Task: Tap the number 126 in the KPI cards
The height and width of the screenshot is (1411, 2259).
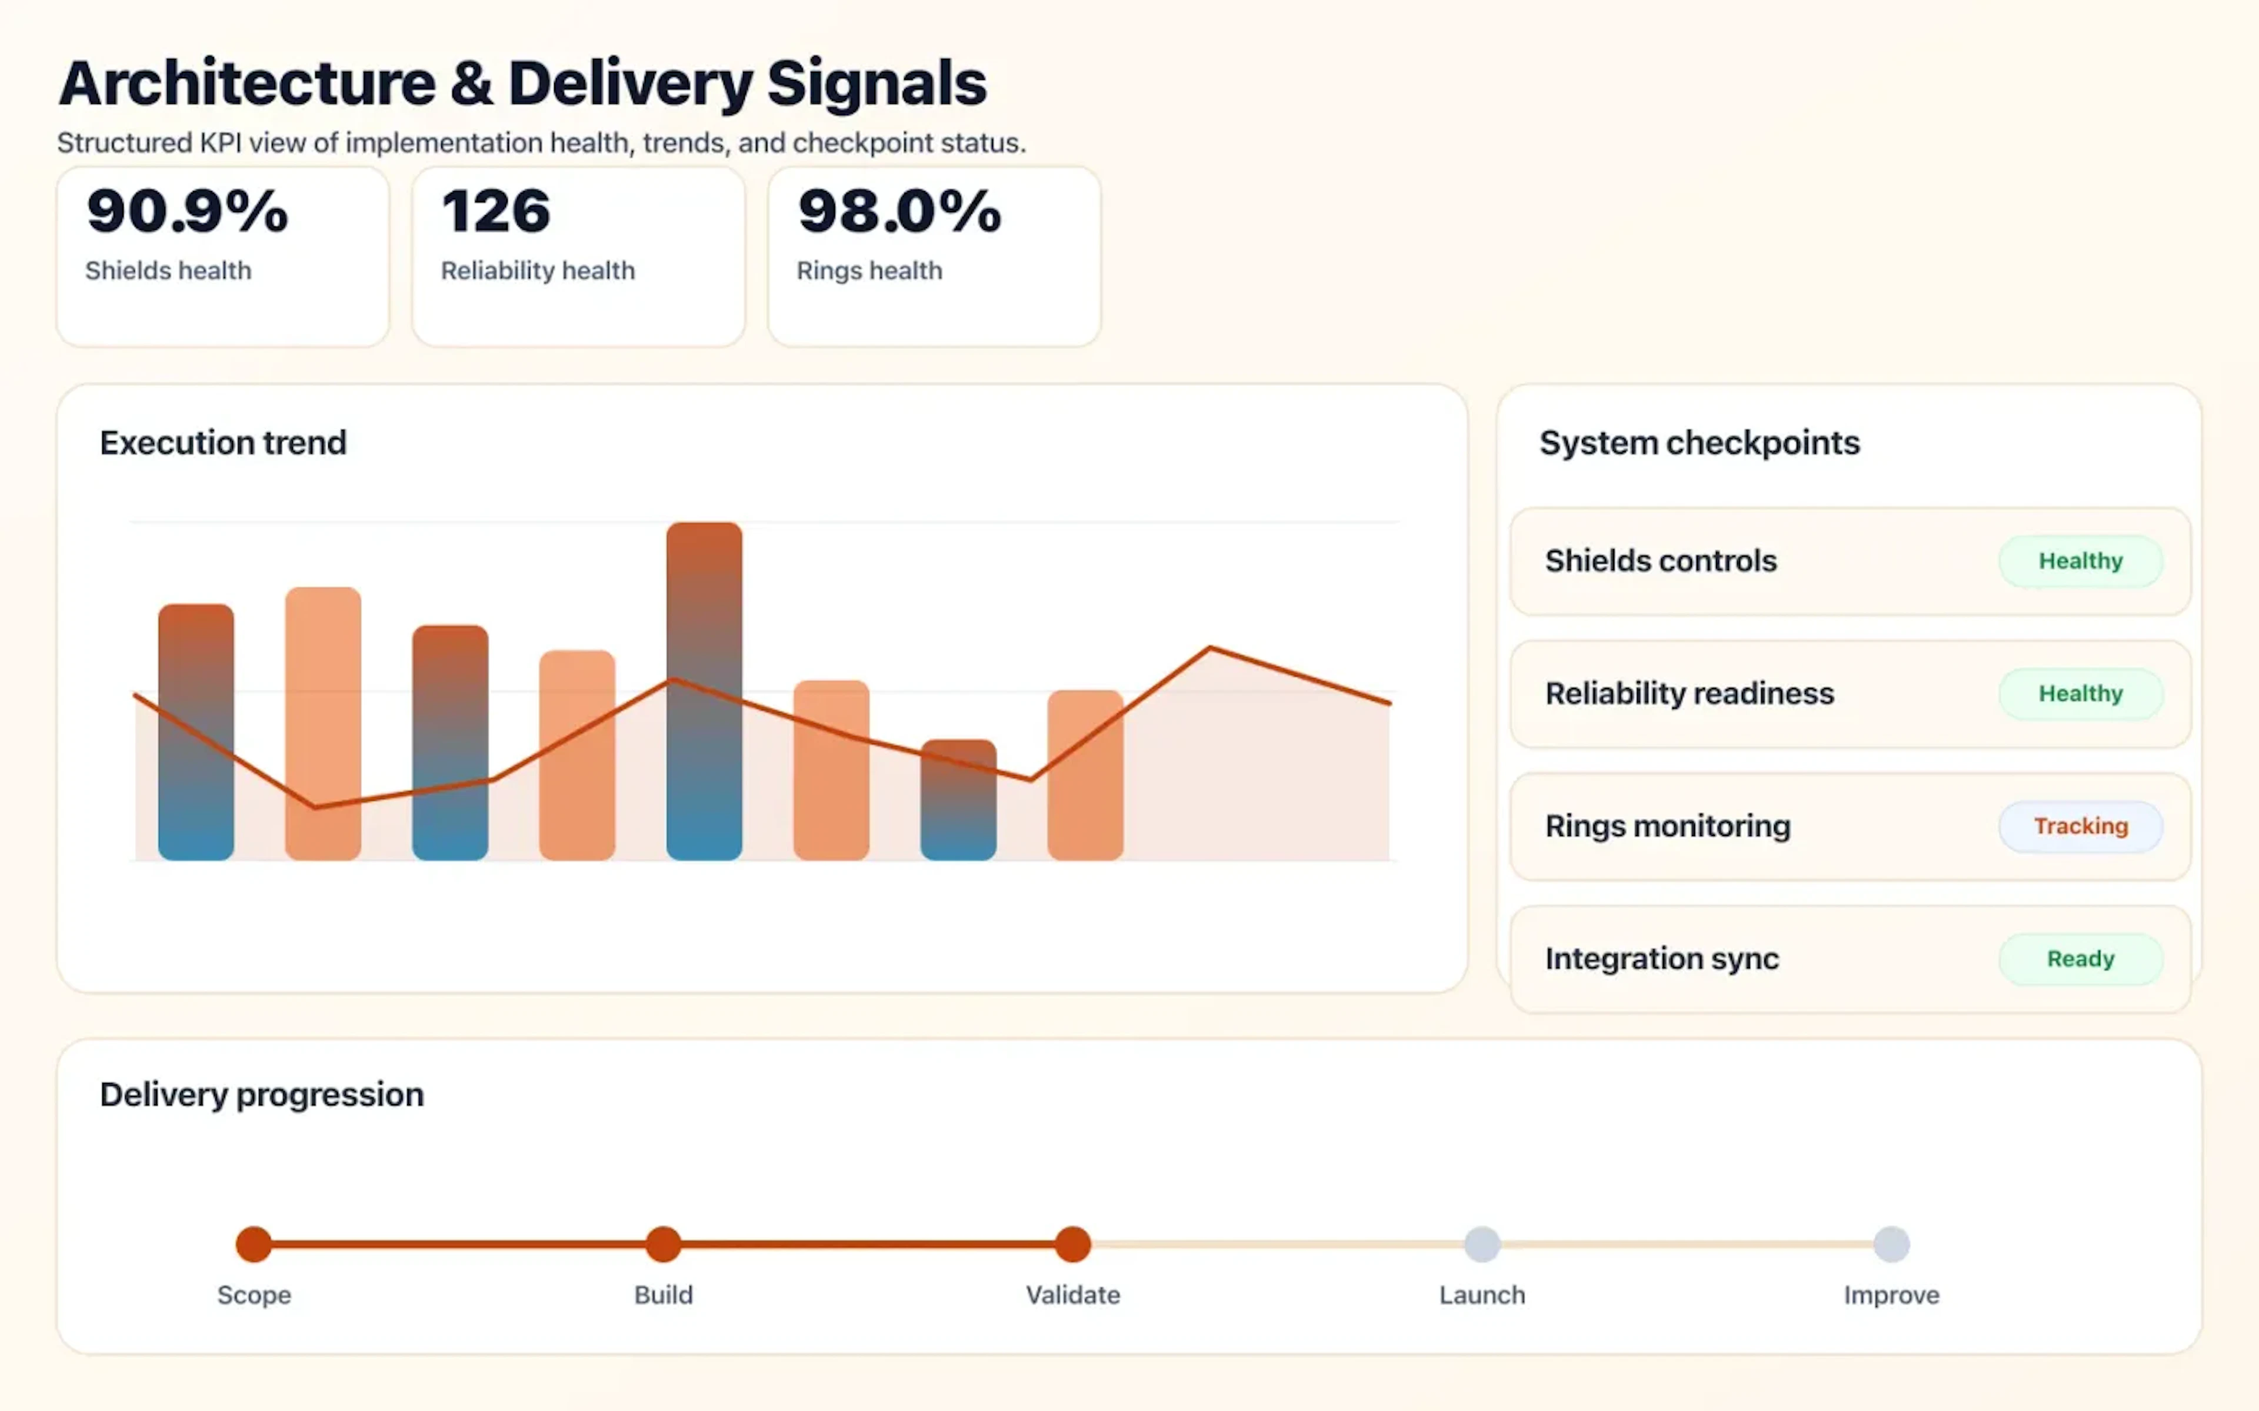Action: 496,211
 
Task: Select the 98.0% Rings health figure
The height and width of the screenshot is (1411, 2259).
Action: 899,211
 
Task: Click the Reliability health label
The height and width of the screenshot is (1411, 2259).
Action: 538,270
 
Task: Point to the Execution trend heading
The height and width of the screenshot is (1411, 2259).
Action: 223,442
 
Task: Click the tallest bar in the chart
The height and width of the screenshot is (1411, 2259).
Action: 704,691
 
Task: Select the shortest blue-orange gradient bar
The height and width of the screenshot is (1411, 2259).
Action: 958,800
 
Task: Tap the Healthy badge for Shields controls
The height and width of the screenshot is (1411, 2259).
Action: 2080,561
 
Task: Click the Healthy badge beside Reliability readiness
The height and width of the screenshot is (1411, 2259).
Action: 2080,693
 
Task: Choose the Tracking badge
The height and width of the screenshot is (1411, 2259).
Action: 2080,826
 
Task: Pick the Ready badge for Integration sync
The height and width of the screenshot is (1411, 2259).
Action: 2080,958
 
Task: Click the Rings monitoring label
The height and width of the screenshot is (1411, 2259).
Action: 1667,826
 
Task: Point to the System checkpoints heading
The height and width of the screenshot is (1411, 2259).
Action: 1699,442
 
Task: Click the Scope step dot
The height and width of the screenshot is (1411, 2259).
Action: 254,1244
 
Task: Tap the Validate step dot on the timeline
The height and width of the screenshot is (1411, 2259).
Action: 1072,1244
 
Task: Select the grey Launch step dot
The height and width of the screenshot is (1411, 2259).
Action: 1481,1244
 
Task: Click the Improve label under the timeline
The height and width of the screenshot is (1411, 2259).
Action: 1891,1295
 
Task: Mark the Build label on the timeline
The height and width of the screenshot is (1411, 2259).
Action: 663,1295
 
